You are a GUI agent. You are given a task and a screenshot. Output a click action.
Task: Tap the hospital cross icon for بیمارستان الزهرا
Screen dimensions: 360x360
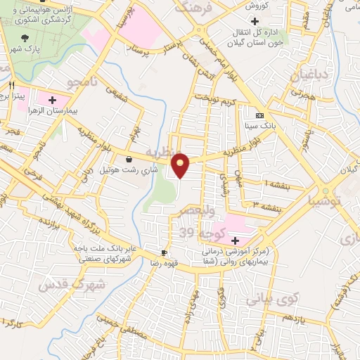51,100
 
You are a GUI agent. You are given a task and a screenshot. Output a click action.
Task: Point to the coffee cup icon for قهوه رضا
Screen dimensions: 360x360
165,252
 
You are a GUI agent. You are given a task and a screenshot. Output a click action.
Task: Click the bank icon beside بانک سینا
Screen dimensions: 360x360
260,116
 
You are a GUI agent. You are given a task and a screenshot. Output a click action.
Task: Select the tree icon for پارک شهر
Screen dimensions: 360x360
26,38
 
